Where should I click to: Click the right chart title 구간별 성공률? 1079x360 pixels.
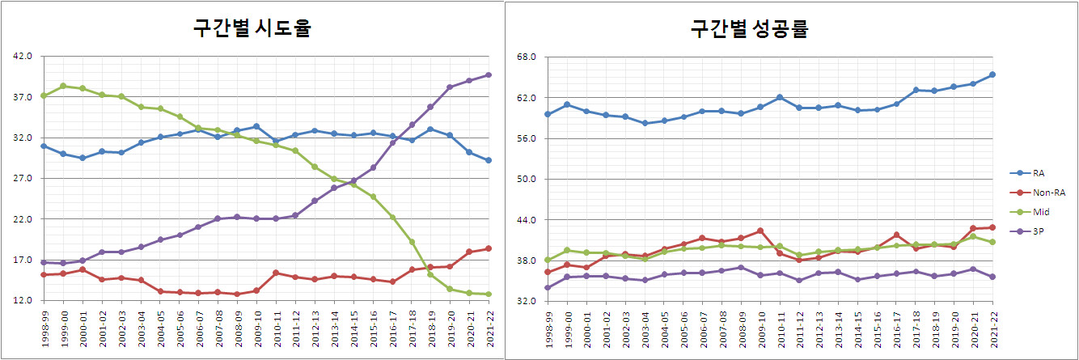click(750, 28)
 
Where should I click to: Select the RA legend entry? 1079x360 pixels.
click(1039, 173)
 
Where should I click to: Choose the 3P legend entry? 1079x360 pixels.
click(1039, 231)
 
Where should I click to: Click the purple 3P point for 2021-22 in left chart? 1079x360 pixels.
click(488, 75)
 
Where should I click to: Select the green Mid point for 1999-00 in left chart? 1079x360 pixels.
click(62, 86)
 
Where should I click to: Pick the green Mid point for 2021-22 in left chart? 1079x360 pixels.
click(488, 294)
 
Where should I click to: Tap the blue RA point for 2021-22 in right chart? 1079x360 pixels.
click(992, 74)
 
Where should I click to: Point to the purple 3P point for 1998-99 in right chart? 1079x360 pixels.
click(548, 287)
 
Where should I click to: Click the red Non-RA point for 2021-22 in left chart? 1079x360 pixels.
click(488, 248)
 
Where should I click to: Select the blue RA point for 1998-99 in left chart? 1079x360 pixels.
click(43, 146)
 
